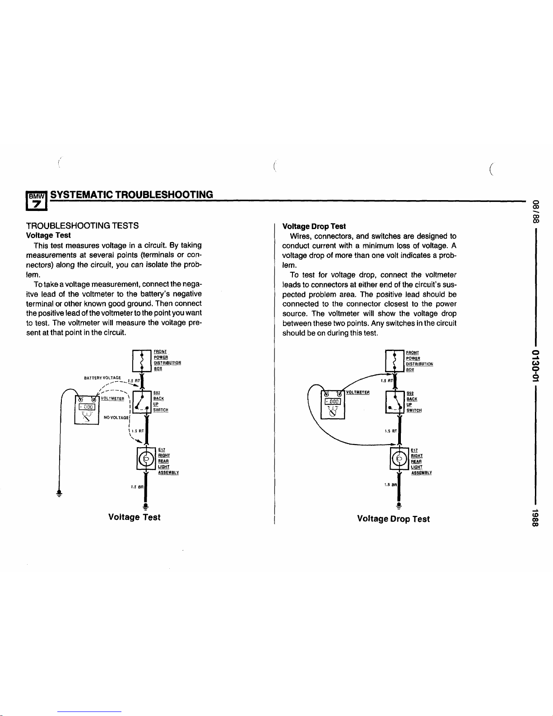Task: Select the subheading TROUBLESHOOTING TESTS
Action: pos(82,225)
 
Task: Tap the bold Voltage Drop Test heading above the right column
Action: pos(314,226)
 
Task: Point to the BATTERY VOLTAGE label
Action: pos(102,378)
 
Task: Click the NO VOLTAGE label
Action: pos(116,417)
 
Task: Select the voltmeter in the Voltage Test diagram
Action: pos(87,405)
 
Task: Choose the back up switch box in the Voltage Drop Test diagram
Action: pos(395,402)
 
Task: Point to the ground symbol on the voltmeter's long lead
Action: pos(59,493)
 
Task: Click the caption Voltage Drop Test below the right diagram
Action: pos(393,519)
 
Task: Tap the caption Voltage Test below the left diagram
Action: pos(135,517)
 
